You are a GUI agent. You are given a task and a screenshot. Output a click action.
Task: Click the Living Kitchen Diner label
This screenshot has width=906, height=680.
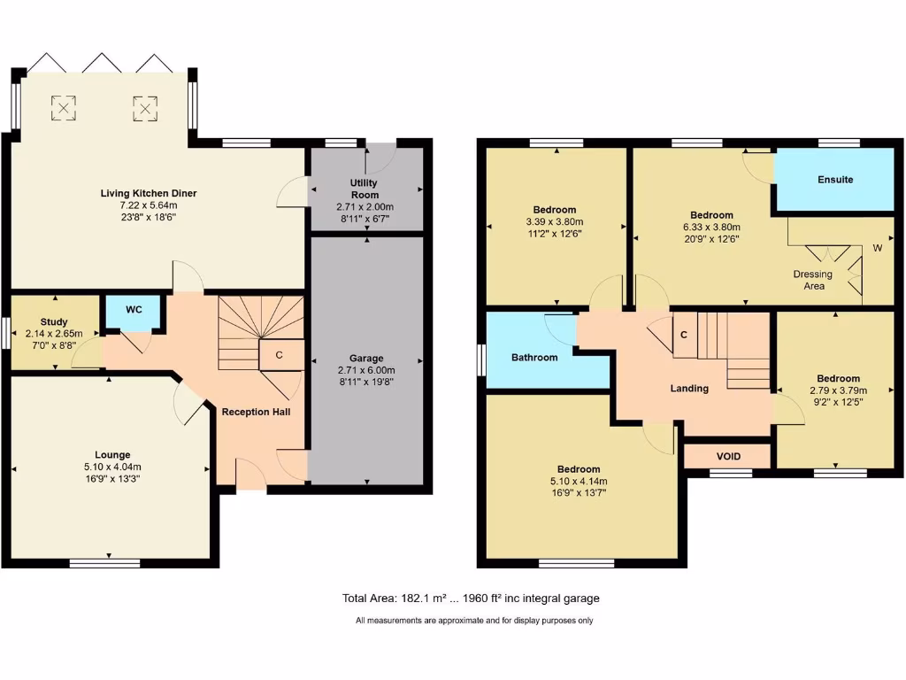click(148, 193)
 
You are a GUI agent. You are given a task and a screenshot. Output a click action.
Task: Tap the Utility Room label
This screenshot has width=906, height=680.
click(365, 189)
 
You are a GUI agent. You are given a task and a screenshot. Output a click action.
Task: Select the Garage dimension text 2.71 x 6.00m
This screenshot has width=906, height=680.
click(365, 370)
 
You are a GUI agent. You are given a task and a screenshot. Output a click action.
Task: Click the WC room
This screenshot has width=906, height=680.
click(134, 310)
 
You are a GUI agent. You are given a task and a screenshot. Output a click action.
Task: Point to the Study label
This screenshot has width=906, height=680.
click(53, 321)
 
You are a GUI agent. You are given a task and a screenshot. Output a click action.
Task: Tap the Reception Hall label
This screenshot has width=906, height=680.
click(256, 412)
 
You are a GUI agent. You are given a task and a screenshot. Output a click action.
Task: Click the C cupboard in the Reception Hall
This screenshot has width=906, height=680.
click(279, 355)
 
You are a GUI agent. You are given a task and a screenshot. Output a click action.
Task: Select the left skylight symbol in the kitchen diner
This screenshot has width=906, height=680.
click(64, 108)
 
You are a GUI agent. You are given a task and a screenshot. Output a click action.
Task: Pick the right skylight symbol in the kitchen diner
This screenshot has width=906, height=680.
click(144, 108)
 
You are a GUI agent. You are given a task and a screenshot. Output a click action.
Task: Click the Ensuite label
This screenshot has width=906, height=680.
click(834, 180)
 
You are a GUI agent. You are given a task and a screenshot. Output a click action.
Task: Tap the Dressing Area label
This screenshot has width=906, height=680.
click(813, 280)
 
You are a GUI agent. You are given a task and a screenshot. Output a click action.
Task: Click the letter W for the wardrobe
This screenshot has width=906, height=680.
click(878, 247)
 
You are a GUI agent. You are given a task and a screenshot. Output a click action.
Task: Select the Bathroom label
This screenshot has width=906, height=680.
click(534, 358)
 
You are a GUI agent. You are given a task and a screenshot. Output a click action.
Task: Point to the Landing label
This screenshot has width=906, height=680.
click(688, 388)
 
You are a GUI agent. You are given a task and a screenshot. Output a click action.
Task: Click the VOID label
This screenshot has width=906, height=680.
click(728, 456)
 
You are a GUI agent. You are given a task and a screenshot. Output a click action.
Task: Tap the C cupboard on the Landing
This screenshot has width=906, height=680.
click(684, 335)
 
